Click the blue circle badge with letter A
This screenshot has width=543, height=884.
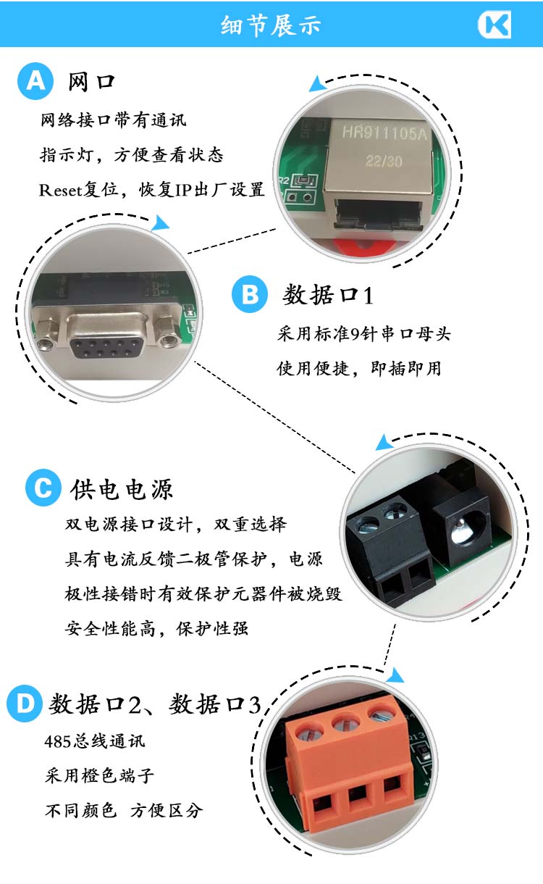35,81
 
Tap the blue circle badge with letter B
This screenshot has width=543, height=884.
250,294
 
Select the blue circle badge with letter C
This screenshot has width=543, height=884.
43,488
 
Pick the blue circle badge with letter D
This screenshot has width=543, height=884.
25,704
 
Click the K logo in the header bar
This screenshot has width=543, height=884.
494,25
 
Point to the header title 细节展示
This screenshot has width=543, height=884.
271,25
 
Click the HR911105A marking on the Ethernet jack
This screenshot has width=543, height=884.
384,133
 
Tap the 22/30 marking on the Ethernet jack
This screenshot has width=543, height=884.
384,161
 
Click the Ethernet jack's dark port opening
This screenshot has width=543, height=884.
379,215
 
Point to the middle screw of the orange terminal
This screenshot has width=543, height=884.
346,724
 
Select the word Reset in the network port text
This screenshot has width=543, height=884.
60,191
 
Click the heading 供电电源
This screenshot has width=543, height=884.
122,489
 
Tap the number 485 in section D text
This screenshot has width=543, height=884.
57,741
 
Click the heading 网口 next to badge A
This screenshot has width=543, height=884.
91,82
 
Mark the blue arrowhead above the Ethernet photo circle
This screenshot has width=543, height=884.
316,83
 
